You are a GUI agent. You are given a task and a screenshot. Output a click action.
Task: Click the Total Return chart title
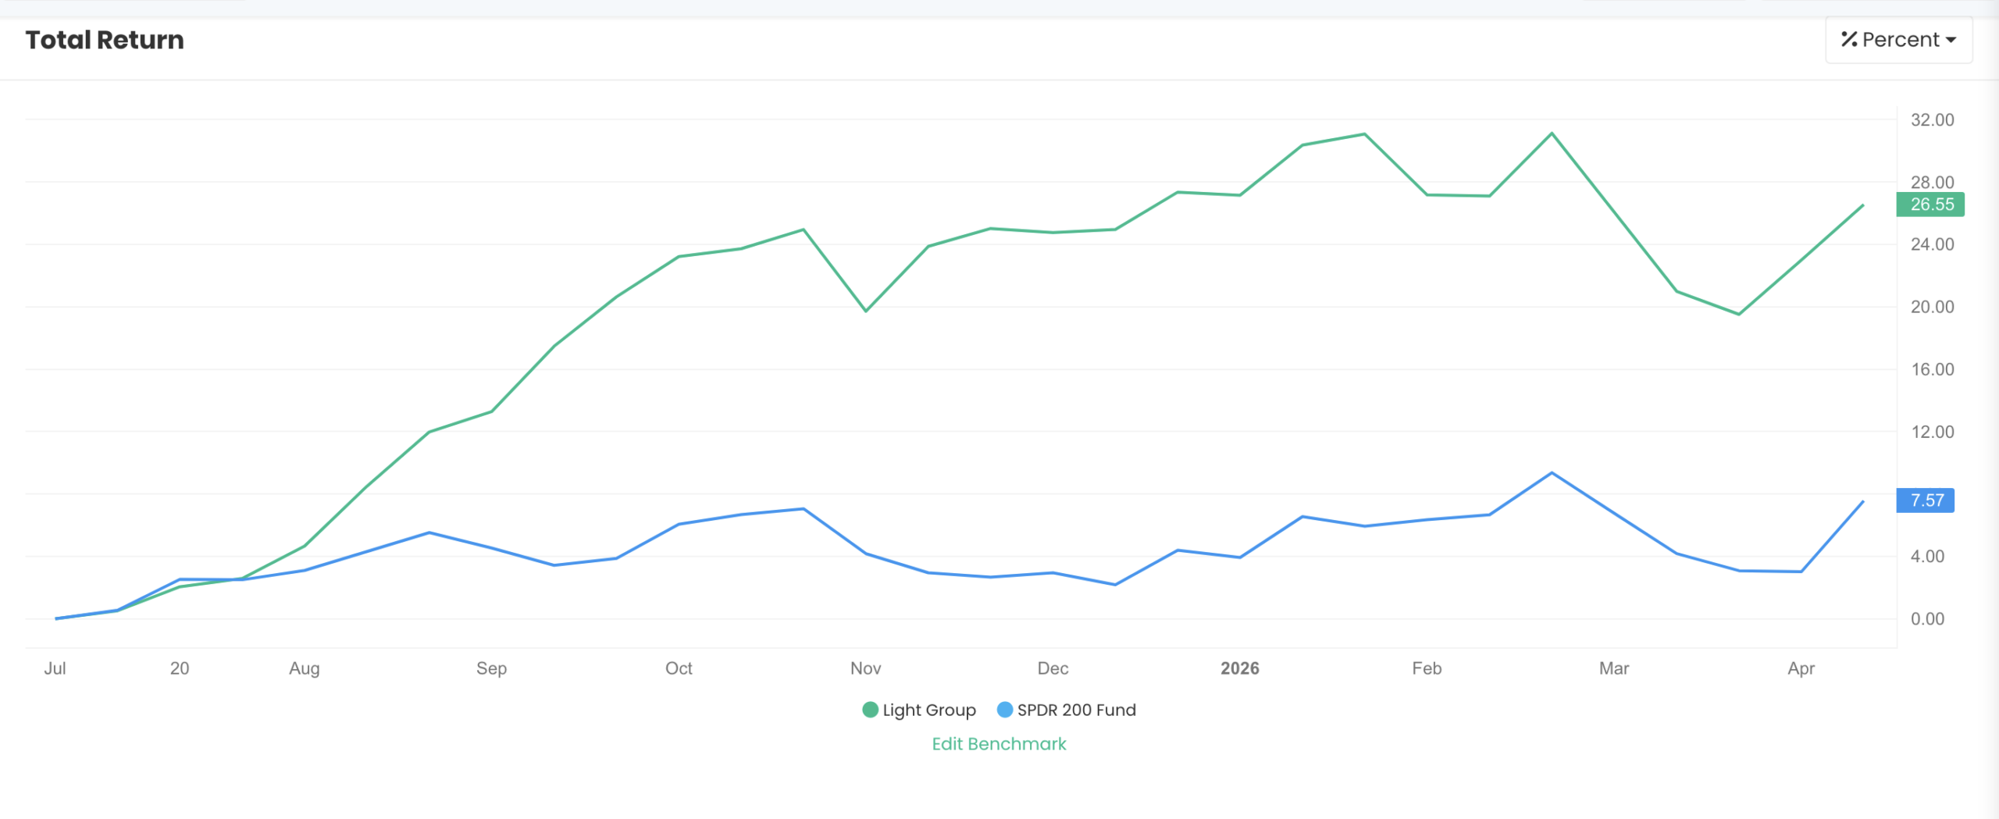105,40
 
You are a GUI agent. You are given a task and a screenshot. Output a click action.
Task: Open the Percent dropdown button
1898,40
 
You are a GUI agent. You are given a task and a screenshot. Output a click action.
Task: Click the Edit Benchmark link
999,743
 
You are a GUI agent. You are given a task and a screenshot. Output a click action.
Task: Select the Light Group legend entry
919,710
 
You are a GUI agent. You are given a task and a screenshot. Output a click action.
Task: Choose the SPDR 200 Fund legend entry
1067,710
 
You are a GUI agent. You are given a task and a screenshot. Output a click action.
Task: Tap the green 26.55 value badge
1930,205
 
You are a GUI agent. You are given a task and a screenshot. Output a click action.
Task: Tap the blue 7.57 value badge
1926,500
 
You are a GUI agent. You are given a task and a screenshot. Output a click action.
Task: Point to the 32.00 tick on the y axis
1932,119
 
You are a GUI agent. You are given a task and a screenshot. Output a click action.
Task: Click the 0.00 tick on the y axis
1927,619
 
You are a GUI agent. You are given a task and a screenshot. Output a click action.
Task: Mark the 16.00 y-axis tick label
1932,369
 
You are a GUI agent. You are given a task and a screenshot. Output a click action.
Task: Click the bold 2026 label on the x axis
1239,668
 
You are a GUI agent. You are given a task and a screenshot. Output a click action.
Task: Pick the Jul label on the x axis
55,668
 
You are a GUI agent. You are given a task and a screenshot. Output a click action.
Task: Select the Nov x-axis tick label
865,668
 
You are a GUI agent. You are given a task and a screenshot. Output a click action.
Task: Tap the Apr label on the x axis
1801,668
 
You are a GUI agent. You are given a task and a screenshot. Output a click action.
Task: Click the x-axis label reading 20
180,668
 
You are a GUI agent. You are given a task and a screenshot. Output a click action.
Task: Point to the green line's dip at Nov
866,311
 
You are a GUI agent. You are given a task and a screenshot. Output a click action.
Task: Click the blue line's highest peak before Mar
1552,473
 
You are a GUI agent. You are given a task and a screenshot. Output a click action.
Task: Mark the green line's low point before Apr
1739,314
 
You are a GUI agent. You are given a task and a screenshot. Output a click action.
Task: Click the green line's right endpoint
1863,205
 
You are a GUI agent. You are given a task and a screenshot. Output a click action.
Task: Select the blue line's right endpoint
1863,501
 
